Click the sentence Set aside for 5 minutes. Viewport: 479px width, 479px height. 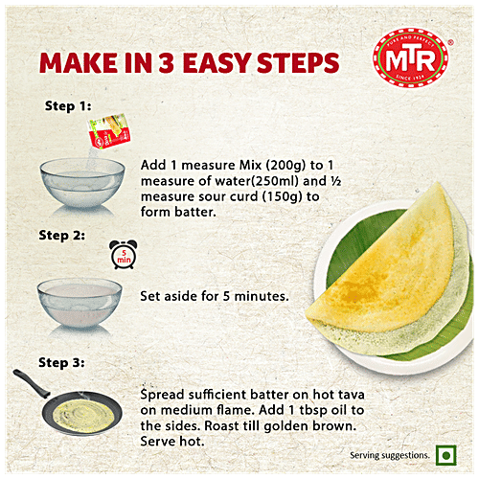tap(215, 296)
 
